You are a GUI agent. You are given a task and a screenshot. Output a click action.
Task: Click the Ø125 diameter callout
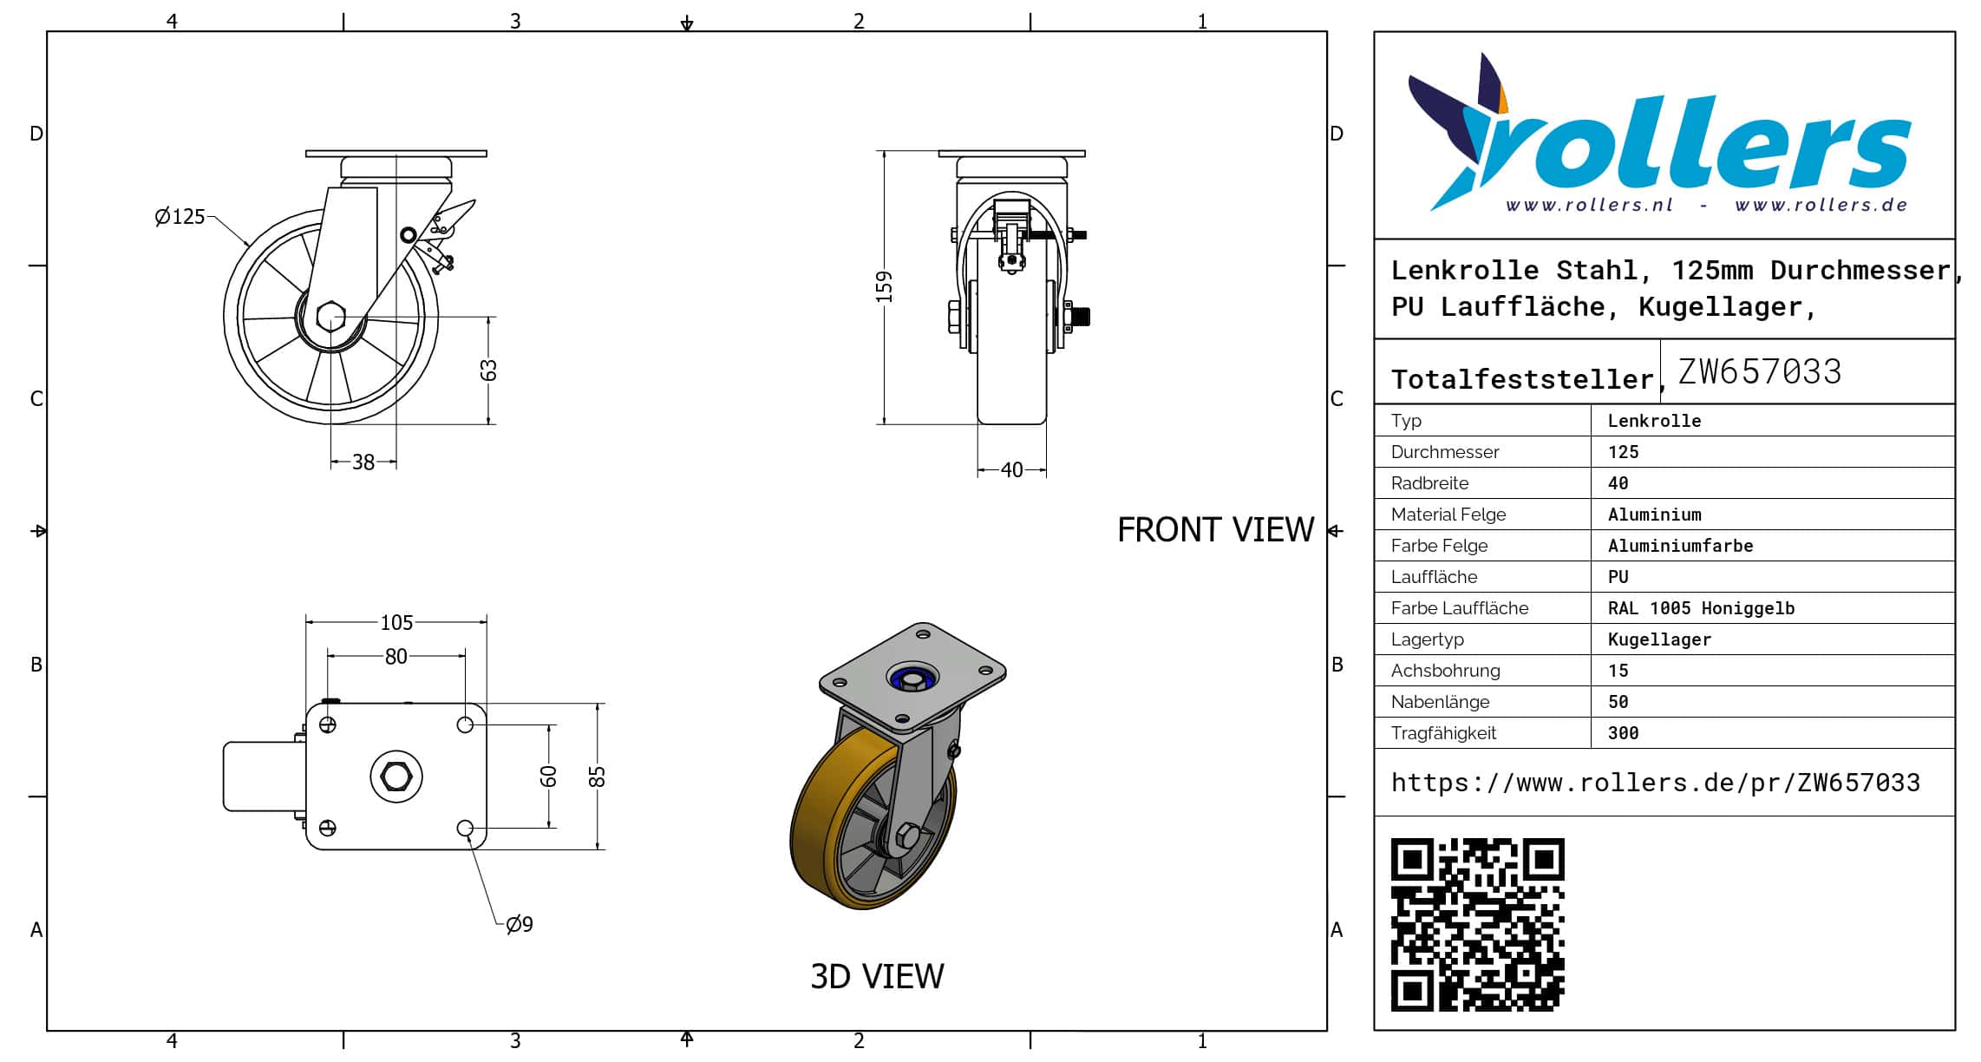180,216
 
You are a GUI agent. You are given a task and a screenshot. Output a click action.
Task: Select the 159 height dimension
884,286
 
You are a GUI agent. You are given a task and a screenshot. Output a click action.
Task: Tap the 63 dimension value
489,370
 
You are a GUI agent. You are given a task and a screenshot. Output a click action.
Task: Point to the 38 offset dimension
363,462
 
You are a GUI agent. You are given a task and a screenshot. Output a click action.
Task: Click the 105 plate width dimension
396,622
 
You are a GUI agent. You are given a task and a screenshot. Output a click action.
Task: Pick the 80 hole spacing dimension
396,657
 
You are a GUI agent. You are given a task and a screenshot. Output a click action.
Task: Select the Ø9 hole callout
519,924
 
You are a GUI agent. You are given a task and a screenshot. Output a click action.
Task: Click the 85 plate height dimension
597,776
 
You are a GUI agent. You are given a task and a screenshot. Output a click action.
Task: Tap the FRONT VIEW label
1215,530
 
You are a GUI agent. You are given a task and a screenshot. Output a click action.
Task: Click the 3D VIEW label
877,976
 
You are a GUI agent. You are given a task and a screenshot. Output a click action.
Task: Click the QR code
1477,924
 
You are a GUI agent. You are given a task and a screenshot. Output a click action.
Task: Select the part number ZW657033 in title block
1759,371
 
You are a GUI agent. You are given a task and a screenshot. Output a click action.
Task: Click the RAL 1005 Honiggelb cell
1701,608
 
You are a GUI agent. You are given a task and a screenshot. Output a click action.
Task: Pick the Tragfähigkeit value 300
1623,733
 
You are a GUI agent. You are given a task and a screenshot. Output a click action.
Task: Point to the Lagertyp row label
1427,639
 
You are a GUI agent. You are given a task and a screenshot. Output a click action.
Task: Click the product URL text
1655,783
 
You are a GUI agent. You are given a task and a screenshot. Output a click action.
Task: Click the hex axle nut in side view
330,317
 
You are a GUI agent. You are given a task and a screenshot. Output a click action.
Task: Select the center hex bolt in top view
396,776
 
